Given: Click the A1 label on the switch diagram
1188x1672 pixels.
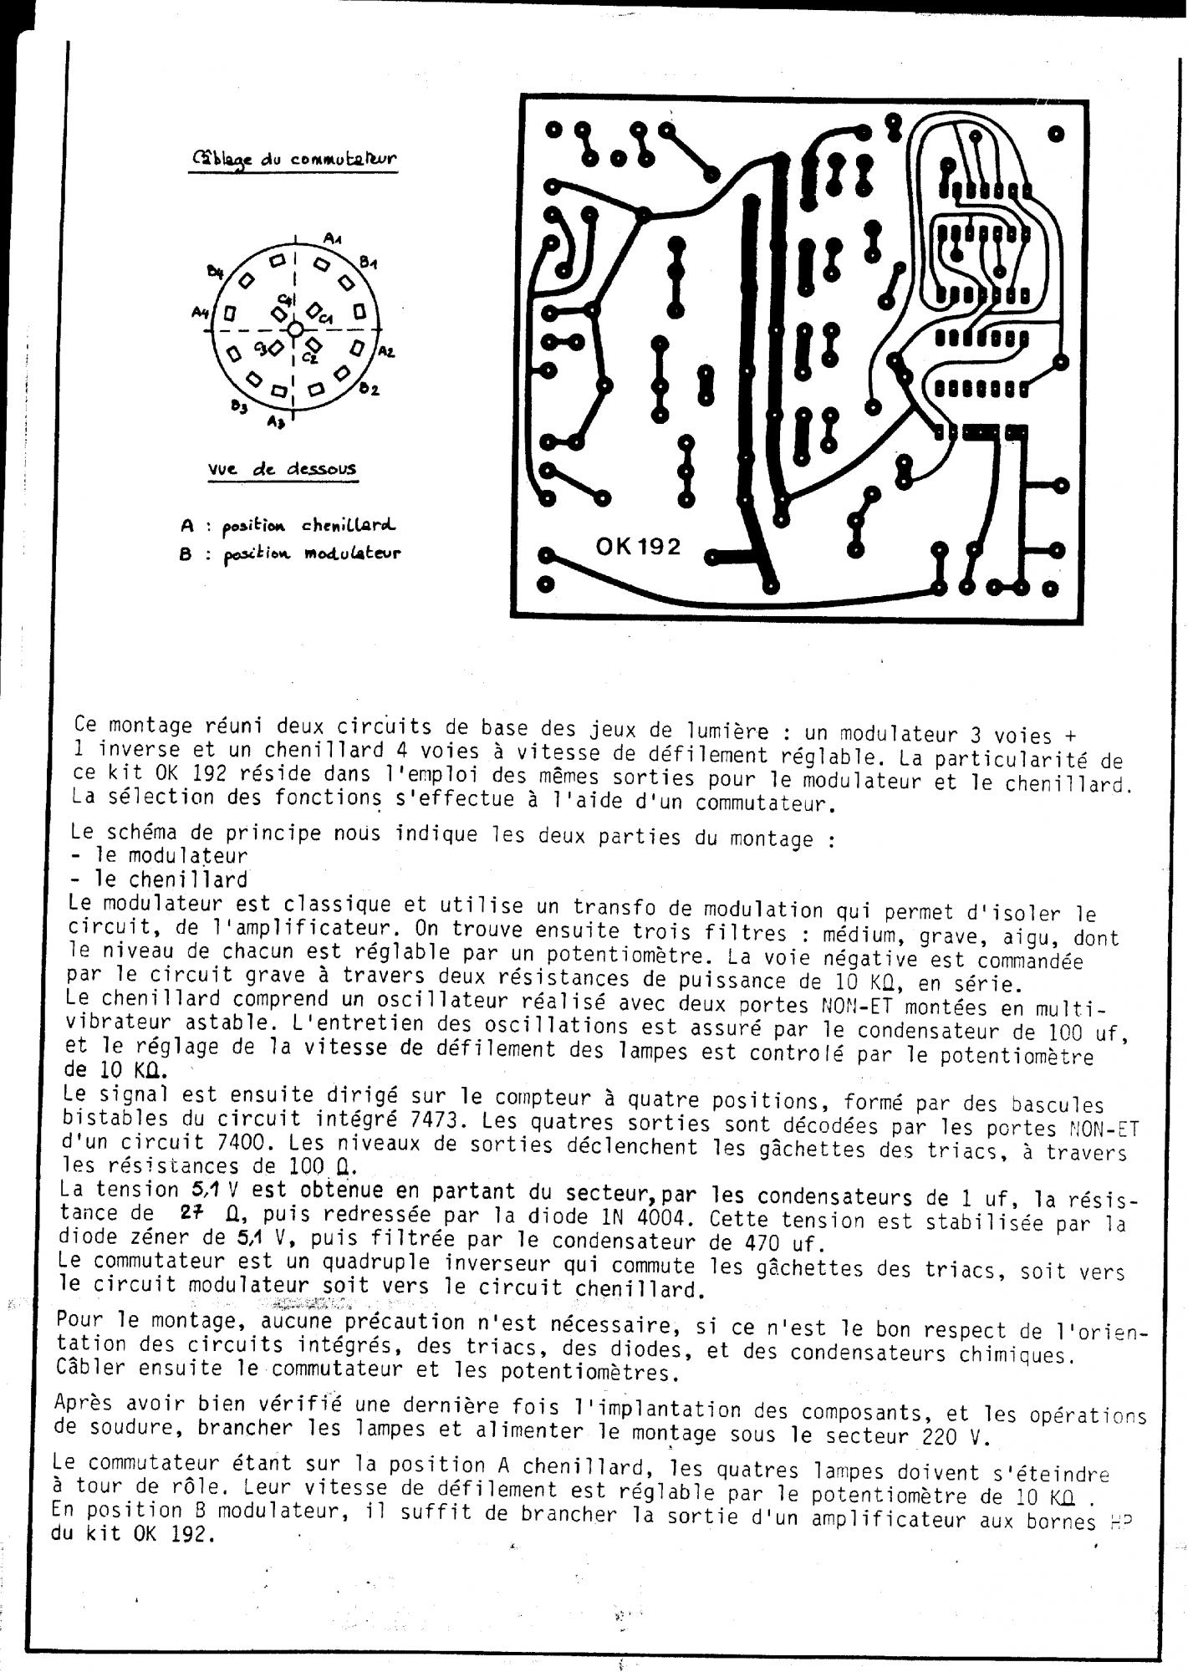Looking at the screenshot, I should (333, 240).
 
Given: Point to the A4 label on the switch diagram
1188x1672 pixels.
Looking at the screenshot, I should (200, 313).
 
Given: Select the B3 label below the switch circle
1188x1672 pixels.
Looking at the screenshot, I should (240, 407).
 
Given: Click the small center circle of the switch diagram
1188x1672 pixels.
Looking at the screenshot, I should (295, 329).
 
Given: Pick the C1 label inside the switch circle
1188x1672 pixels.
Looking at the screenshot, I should (325, 319).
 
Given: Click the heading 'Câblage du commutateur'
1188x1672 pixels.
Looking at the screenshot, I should (294, 159).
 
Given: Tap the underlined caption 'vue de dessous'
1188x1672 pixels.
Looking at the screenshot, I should (282, 469).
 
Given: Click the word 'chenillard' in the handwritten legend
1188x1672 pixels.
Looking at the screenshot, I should (348, 525).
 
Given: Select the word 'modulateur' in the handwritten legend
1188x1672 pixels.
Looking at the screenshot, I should (352, 553).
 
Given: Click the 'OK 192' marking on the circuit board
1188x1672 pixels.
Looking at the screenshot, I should (638, 547).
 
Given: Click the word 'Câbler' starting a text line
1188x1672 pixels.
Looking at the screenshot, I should (84, 1368).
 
